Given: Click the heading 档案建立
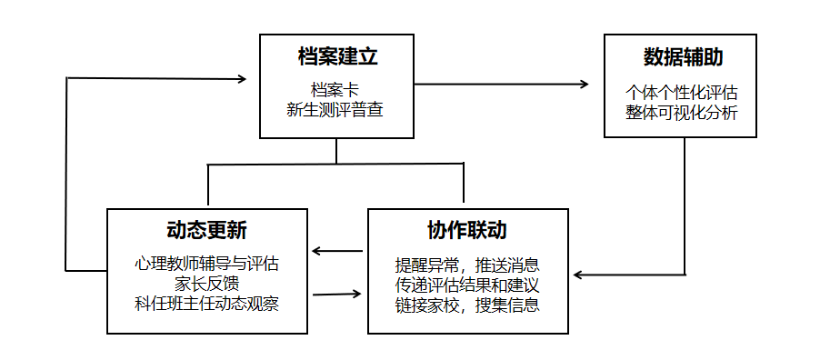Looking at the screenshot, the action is click(338, 57).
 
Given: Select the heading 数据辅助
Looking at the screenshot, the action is click(683, 57).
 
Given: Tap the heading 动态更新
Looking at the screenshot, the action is click(206, 230).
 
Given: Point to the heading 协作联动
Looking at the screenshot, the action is click(467, 230).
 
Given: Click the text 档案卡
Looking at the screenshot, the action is click(335, 90).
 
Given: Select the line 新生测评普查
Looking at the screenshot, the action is click(335, 109).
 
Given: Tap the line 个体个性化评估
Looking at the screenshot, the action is click(681, 93).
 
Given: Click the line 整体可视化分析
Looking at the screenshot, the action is click(681, 112).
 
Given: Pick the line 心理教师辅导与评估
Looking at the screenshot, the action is click(206, 263).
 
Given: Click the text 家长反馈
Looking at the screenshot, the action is click(206, 284).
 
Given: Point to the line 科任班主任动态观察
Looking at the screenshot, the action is click(206, 304).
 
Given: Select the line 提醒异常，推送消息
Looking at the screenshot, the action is click(467, 264).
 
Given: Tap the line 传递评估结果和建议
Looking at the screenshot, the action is click(467, 285).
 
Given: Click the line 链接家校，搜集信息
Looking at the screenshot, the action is click(467, 305).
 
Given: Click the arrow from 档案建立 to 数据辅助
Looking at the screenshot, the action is click(501, 84).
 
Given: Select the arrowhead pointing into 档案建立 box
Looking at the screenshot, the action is click(241, 79).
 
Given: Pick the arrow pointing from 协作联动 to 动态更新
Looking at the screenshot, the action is click(337, 250).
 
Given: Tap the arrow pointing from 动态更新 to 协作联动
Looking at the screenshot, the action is click(336, 294).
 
